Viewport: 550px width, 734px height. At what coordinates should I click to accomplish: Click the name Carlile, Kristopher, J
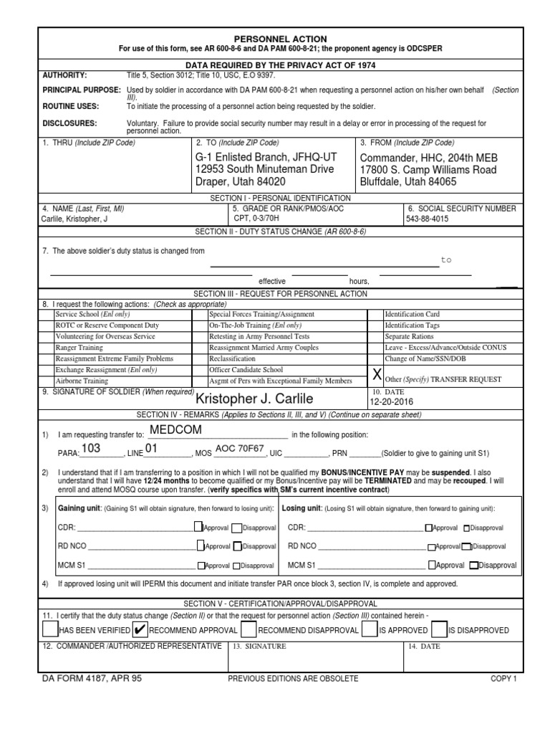[75, 219]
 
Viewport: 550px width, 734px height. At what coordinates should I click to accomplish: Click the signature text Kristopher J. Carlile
[254, 399]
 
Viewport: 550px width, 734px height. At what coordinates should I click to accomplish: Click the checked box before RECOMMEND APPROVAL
[140, 629]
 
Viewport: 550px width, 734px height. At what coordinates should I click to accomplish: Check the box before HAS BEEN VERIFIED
[49, 629]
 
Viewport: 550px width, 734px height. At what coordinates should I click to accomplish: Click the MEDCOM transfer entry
[175, 429]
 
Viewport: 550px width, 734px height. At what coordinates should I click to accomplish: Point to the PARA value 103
[91, 449]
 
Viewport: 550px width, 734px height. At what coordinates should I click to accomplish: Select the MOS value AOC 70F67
[240, 449]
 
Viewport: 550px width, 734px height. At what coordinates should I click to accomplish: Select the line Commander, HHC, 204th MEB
[428, 158]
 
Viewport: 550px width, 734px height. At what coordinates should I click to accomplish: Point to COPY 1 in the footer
[503, 678]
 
